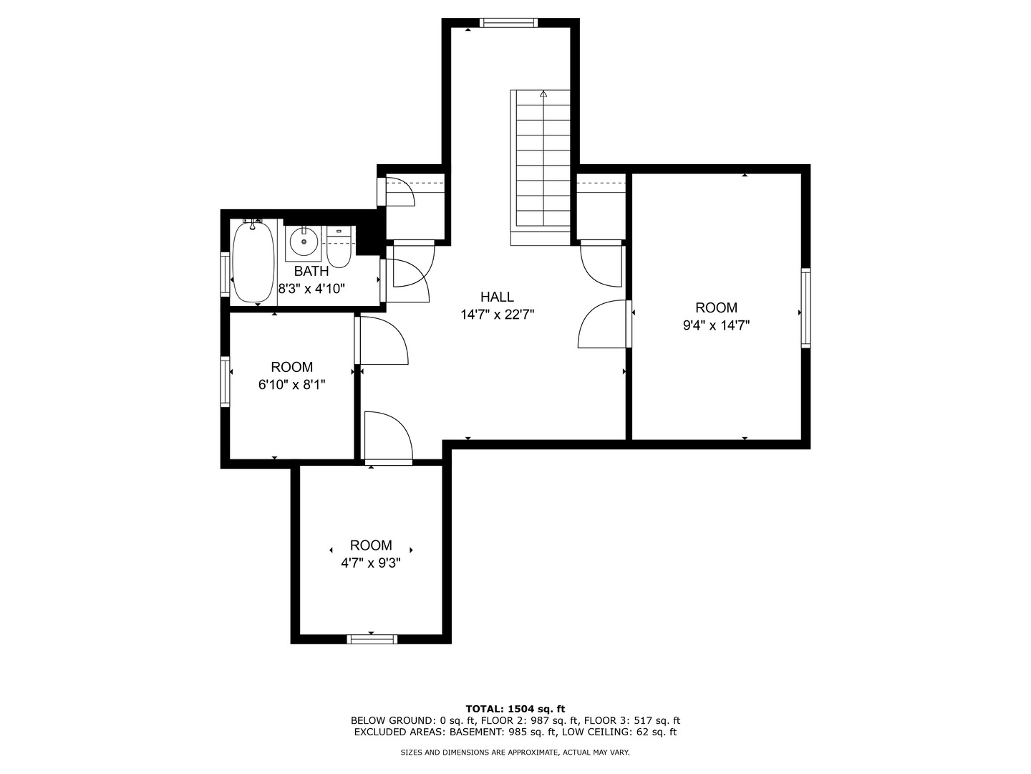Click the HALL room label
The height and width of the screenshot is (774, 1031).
coord(497,297)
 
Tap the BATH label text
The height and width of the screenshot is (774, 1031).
coord(311,271)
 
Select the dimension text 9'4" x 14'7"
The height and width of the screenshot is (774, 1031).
coord(716,325)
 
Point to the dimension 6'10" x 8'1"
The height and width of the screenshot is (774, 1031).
coord(291,385)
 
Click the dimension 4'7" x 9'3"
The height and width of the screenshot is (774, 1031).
coord(371,563)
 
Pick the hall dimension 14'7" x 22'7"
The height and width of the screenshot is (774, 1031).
coord(498,315)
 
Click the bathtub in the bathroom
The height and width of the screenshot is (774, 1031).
coord(253,262)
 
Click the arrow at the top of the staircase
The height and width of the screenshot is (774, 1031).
coord(543,93)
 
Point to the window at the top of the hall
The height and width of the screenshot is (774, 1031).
coord(508,22)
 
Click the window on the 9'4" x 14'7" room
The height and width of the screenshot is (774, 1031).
coord(805,308)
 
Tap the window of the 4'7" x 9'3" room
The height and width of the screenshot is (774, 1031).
coord(372,639)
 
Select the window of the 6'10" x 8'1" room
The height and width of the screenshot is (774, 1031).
coord(226,381)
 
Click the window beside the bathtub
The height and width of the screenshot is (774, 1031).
coord(226,274)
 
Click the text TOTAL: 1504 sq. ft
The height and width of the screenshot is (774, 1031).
coord(515,709)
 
